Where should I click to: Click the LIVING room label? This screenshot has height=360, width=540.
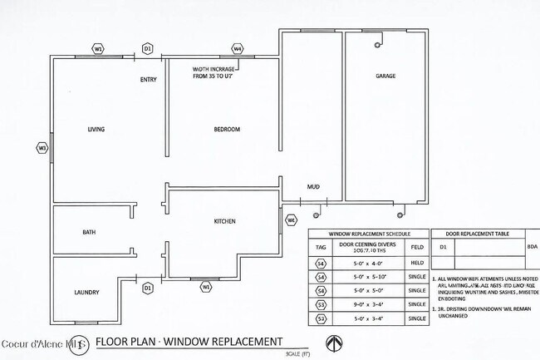click(x=96, y=130)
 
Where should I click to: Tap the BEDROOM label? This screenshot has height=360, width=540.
click(x=227, y=130)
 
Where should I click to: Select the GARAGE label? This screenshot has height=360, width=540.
click(x=385, y=76)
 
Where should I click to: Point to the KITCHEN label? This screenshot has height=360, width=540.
click(x=225, y=221)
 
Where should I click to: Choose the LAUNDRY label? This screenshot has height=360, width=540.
click(x=86, y=293)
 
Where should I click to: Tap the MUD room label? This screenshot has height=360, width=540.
click(x=313, y=187)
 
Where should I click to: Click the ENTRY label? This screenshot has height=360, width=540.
click(x=149, y=81)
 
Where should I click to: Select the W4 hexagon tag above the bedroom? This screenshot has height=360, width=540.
click(x=238, y=49)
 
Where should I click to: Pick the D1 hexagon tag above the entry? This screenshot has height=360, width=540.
click(x=148, y=49)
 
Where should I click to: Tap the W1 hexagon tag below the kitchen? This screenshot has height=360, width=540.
click(x=206, y=287)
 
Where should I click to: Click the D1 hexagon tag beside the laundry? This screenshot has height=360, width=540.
click(x=148, y=288)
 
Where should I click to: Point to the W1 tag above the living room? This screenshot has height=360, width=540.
click(x=98, y=49)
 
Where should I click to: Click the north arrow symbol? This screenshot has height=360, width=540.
click(x=333, y=343)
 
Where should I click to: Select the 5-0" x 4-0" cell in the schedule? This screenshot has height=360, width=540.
click(x=368, y=264)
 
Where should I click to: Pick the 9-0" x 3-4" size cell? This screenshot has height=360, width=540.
click(x=368, y=304)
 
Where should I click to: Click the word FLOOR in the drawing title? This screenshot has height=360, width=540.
click(x=113, y=342)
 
